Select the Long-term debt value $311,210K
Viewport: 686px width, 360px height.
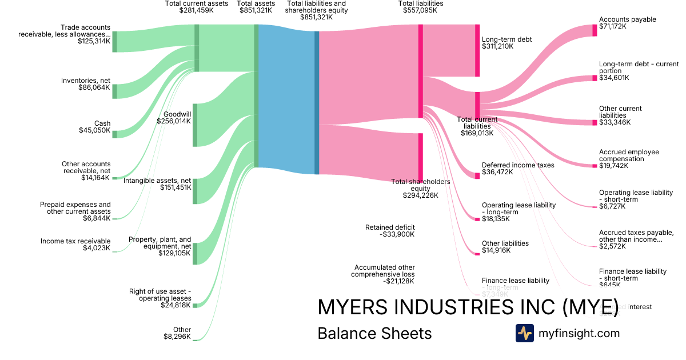pos(497,46)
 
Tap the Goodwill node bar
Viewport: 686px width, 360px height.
pos(195,125)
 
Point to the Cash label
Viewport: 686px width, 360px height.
pos(102,123)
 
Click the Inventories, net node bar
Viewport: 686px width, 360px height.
pos(114,91)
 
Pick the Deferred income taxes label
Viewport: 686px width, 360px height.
pos(518,165)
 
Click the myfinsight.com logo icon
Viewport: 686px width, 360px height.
pos(524,333)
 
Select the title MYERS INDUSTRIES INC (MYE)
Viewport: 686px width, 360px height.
pos(468,307)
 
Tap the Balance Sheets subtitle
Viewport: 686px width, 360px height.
pos(374,334)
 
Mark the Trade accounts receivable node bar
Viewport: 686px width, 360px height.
pos(114,41)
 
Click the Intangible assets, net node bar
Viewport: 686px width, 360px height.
pos(195,191)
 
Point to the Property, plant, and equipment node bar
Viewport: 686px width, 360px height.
pos(195,253)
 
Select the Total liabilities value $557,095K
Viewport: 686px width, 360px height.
pos(420,10)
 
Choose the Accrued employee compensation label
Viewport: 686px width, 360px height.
pos(629,155)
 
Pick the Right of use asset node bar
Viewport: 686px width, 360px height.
pos(195,305)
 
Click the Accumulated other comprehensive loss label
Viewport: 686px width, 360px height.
pos(384,270)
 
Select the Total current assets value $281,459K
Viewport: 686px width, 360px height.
pos(196,10)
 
